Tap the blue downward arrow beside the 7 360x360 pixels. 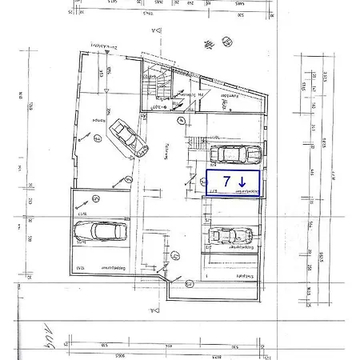242,182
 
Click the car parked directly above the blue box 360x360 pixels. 234,154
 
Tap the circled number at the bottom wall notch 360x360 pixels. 190,283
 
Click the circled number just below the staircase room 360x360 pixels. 182,121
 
